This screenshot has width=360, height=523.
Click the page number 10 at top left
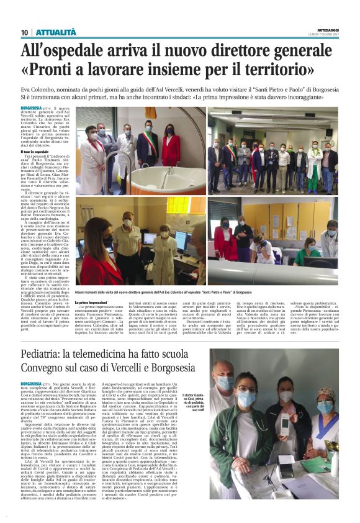click(x=24, y=32)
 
